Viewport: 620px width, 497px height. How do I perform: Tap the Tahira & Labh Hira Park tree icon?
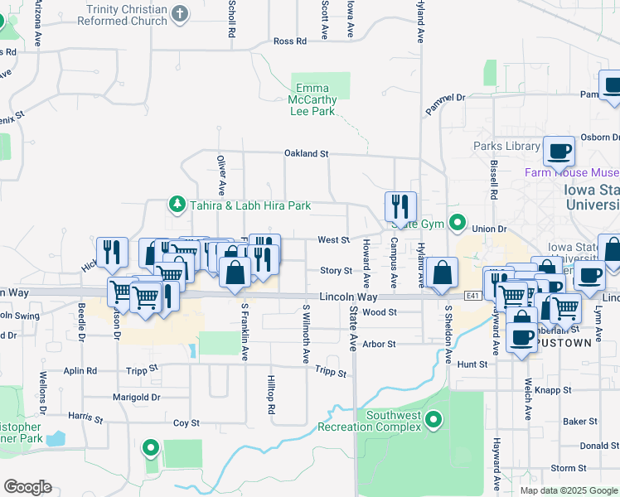tap(176, 204)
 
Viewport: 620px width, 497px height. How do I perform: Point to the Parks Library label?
tap(506, 147)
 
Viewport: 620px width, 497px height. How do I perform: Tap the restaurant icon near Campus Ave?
tap(400, 206)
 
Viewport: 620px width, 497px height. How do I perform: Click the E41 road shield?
tap(472, 296)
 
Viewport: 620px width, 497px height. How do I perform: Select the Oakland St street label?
tap(307, 153)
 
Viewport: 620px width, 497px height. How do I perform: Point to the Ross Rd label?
tap(289, 41)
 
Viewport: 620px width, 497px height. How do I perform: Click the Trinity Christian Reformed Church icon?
tap(181, 13)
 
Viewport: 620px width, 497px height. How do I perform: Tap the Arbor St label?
tap(380, 344)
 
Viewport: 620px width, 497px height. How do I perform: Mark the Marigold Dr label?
tap(137, 397)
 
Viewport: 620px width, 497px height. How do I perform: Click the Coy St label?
tap(186, 423)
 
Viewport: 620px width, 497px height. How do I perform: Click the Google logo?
tap(27, 487)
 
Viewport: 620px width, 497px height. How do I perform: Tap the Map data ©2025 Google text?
tap(568, 490)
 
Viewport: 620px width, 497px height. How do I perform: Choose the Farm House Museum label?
tap(572, 173)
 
